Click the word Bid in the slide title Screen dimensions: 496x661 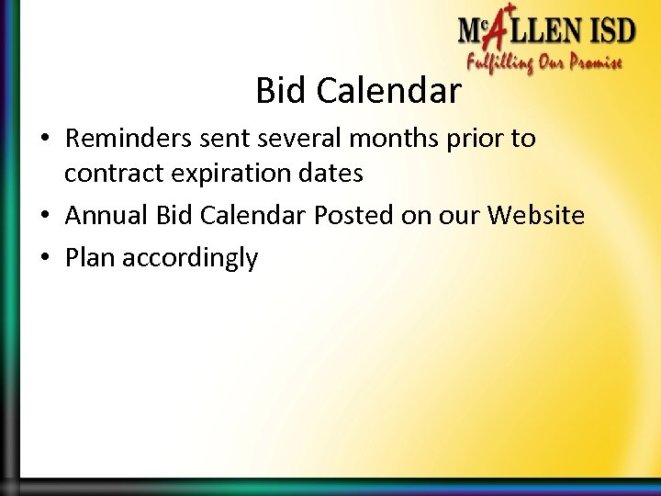click(x=277, y=91)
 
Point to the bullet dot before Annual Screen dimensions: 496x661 click(x=45, y=217)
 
